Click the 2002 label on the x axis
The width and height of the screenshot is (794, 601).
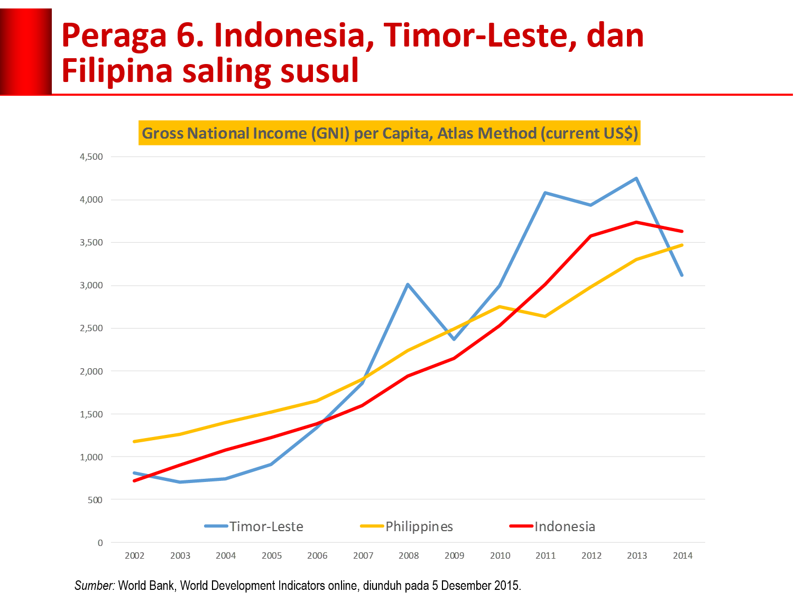(x=134, y=555)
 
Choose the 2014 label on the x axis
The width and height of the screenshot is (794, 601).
(x=682, y=555)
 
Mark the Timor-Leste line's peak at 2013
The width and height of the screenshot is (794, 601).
(x=636, y=178)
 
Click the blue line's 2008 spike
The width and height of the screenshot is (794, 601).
(x=408, y=285)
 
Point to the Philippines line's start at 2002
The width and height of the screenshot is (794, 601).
(x=134, y=441)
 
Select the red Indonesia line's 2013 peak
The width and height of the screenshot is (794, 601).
(x=636, y=222)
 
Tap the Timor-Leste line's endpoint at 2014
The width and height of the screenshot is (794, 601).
(x=682, y=275)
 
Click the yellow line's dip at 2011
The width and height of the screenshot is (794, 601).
(x=544, y=316)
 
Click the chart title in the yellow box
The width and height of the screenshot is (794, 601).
(x=390, y=133)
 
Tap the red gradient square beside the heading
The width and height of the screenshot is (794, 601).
(x=25, y=51)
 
